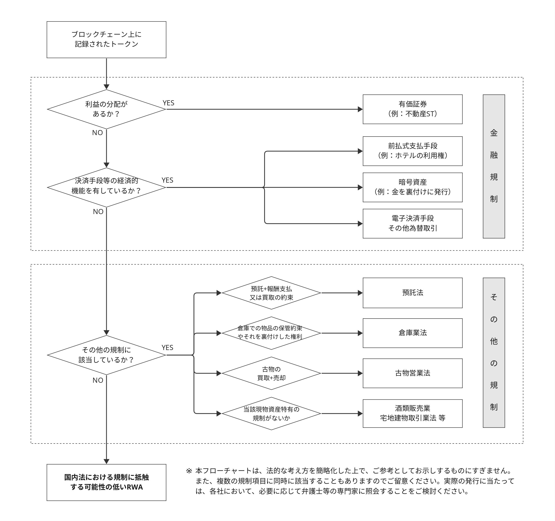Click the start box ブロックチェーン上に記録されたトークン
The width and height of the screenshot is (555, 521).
(x=106, y=40)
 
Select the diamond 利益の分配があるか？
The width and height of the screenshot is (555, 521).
(x=106, y=109)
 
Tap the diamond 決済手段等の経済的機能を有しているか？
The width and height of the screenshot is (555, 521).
(x=106, y=187)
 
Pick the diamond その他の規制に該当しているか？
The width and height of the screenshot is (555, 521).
(x=106, y=355)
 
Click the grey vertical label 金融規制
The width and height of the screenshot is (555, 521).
(x=494, y=166)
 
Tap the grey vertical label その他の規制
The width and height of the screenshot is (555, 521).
(x=494, y=352)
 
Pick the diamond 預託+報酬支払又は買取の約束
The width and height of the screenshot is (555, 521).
(x=271, y=293)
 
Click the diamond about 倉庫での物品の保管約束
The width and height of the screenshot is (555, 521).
(x=271, y=333)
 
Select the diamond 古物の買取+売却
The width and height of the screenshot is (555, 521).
(x=271, y=373)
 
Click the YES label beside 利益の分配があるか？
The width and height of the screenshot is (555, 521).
(x=168, y=103)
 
